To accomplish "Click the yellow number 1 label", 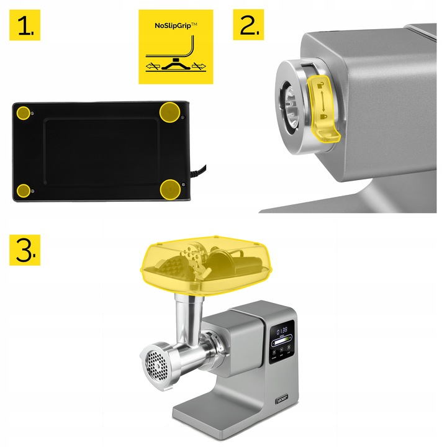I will [x=25, y=25].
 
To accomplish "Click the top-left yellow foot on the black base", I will [x=24, y=113].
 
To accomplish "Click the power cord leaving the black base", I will [x=200, y=168].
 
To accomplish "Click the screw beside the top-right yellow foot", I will [x=182, y=116].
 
